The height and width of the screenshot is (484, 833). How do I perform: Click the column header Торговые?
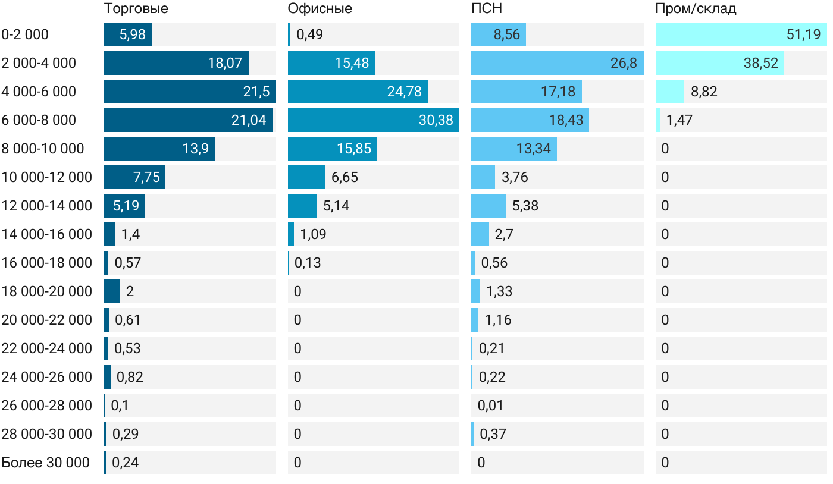point(136,9)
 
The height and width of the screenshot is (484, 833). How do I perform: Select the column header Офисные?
point(320,9)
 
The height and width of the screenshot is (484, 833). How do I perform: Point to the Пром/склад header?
point(696,9)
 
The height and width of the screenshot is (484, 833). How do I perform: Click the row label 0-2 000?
point(25,34)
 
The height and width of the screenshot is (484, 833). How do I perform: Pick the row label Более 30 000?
point(45,463)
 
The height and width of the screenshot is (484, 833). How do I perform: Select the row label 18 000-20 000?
point(47,291)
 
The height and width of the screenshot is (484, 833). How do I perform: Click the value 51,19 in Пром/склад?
point(803,34)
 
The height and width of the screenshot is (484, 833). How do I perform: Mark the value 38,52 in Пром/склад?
point(760,63)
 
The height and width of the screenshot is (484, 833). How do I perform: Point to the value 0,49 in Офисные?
point(309,34)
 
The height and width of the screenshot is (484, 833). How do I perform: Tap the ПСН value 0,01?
point(490,406)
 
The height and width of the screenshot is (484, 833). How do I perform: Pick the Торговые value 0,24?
point(125,463)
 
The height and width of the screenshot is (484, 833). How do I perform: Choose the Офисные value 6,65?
point(345,177)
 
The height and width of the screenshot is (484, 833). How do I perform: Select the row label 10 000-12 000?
point(47,177)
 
